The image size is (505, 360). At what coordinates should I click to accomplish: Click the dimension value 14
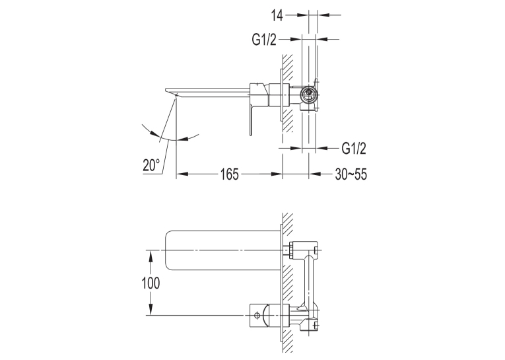[277, 15]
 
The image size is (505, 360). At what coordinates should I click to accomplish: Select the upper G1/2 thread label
[264, 40]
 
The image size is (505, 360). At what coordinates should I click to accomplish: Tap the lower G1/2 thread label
[354, 149]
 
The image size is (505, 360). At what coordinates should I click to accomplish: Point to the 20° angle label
[151, 165]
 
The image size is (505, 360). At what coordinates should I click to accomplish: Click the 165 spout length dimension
[230, 174]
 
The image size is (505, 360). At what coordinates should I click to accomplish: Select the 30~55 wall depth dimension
[351, 174]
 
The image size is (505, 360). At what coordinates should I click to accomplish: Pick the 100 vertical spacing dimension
[151, 283]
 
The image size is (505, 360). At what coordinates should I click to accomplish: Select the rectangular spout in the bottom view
[222, 250]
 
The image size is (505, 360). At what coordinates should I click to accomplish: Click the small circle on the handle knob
[257, 315]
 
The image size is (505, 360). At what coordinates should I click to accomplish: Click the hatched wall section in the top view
[288, 93]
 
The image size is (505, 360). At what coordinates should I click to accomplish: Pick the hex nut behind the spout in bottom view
[287, 250]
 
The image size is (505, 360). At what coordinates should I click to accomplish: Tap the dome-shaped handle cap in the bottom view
[266, 315]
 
